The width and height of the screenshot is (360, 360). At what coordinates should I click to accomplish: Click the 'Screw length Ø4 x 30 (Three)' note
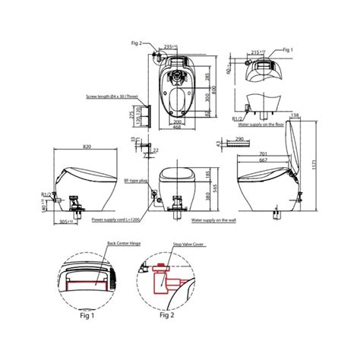[x=115, y=97]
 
